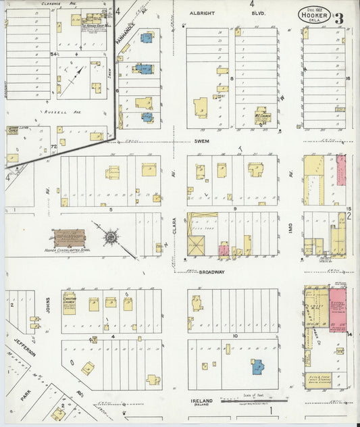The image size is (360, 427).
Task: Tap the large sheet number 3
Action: click(x=338, y=18)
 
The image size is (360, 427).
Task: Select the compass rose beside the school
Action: click(x=110, y=237)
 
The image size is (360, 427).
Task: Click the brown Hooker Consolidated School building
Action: click(x=70, y=237)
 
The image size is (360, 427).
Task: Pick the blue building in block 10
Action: click(x=257, y=367)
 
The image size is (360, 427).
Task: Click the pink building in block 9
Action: click(x=224, y=250)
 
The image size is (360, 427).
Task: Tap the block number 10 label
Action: click(x=233, y=336)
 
